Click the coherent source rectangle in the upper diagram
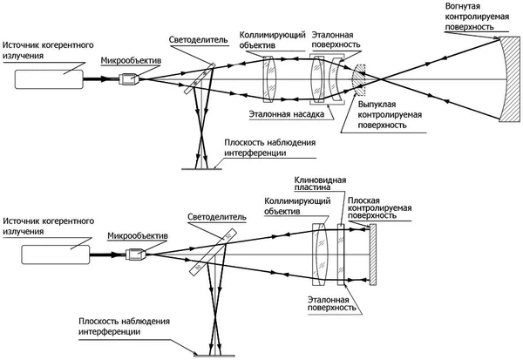[48, 78]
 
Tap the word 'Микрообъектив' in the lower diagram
[136, 234]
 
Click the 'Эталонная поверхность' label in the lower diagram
[325, 302]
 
